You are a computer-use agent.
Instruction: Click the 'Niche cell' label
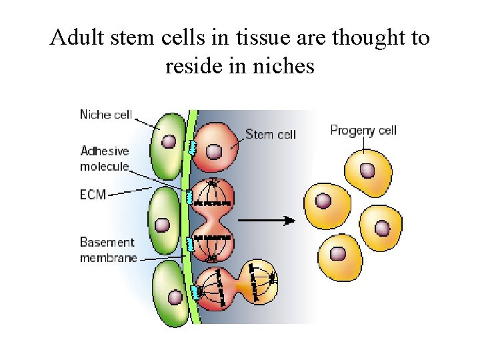coord(105,115)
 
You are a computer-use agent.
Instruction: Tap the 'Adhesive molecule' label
coord(104,159)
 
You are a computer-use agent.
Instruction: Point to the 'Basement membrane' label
coord(108,249)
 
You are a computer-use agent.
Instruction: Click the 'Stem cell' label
coord(270,134)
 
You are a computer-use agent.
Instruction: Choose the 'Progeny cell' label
coord(363,130)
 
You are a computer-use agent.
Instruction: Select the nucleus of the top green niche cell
coord(169,142)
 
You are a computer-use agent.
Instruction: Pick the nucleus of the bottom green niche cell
coord(174,298)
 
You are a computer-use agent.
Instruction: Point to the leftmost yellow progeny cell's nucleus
coord(323,201)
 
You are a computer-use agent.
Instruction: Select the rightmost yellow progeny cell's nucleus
coord(382,229)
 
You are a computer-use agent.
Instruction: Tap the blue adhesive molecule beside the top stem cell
coord(192,147)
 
